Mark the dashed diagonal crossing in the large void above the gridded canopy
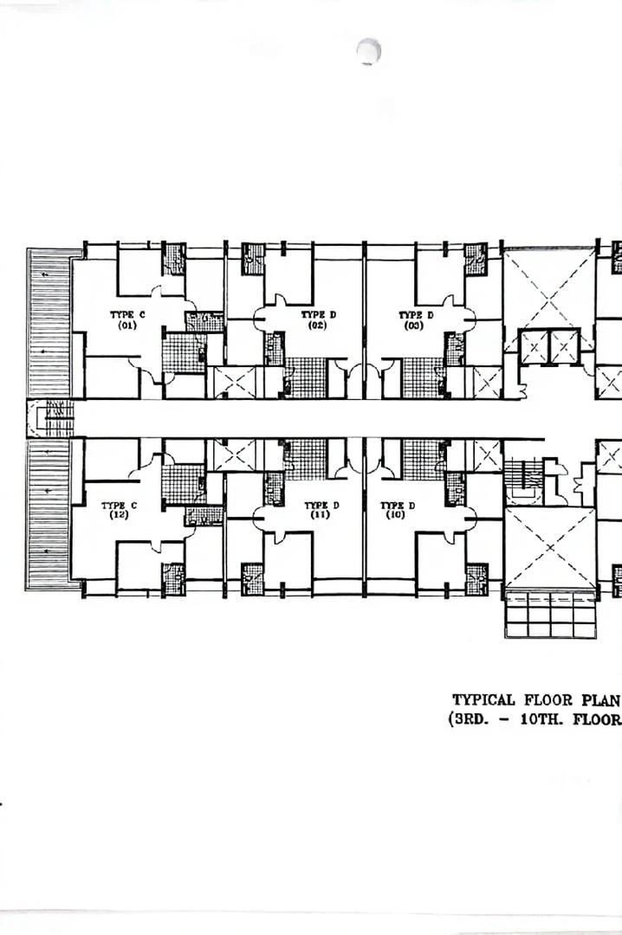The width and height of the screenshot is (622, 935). tap(550, 547)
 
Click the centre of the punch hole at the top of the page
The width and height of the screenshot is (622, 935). tap(369, 51)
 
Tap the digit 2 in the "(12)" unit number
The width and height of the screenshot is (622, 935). tap(122, 514)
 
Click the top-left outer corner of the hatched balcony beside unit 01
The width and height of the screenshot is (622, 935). tap(27, 249)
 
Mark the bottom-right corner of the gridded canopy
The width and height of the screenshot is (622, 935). tap(596, 638)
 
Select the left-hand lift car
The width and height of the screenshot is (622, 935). tap(534, 346)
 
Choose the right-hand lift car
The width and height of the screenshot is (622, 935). tap(564, 346)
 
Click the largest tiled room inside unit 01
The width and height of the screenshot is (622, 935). tap(185, 353)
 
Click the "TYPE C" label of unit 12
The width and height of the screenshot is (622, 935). tap(119, 506)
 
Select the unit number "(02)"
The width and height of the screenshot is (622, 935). tap(317, 326)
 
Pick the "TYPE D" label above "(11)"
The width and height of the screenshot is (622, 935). tap(321, 506)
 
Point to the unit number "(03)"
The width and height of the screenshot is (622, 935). tap(414, 326)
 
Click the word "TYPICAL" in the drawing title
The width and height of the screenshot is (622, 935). tap(483, 700)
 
